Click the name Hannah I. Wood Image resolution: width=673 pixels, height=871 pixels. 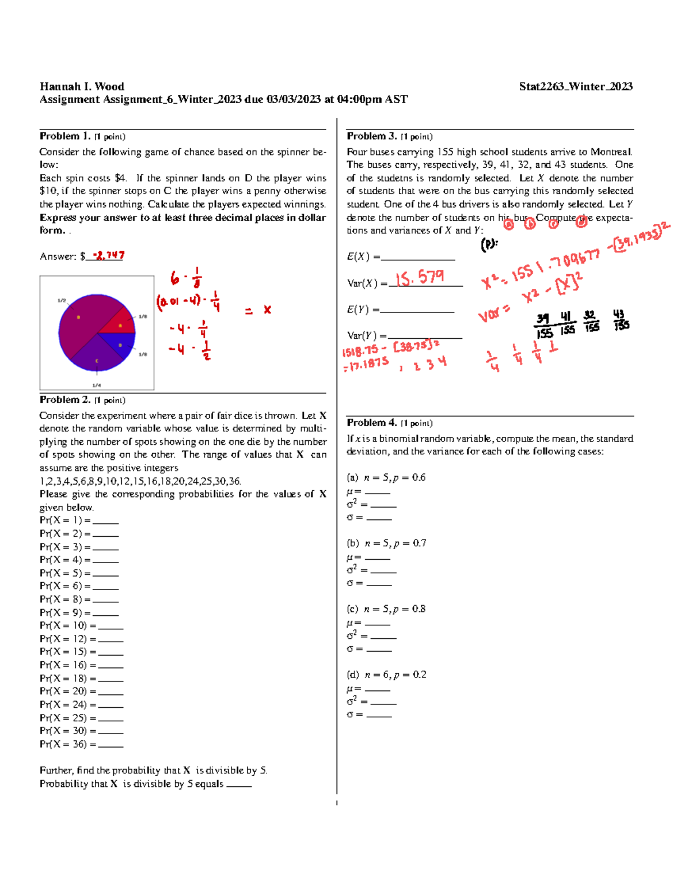(82, 86)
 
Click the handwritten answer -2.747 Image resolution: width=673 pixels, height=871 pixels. (108, 255)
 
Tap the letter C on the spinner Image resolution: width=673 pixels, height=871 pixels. (96, 361)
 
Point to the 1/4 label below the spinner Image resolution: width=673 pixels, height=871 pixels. (96, 385)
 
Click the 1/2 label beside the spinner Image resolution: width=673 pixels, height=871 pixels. (62, 301)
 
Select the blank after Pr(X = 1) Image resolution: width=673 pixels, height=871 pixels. (105, 520)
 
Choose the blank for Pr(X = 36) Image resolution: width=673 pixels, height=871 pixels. (110, 744)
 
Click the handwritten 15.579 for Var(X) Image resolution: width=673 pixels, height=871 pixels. (420, 278)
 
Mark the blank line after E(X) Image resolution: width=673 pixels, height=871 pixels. (418, 257)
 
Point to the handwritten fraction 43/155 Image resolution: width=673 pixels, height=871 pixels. (620, 320)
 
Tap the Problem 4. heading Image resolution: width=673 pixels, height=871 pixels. (372, 423)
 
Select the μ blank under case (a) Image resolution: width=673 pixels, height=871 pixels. (377, 491)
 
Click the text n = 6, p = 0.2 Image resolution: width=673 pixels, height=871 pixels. (395, 675)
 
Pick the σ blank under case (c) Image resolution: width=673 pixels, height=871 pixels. (379, 649)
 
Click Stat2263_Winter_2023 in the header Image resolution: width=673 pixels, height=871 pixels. (575, 86)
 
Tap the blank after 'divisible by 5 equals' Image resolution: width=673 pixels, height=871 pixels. (239, 784)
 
